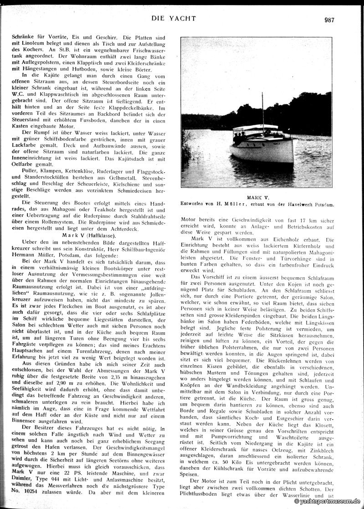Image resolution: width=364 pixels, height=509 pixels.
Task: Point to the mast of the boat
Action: (262, 109)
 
